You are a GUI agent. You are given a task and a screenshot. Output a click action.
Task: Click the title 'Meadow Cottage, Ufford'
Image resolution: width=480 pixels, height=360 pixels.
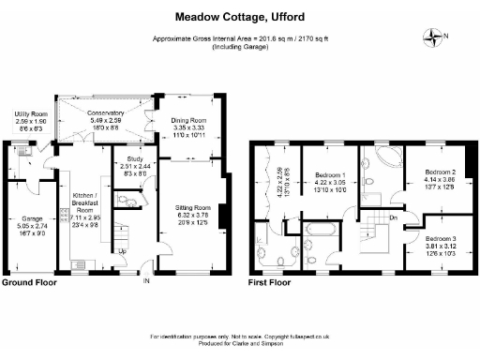pos(239,16)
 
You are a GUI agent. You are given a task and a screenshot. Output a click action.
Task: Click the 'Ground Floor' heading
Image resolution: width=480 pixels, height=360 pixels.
pos(28,281)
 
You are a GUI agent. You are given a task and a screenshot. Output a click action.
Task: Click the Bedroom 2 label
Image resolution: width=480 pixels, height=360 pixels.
pos(439,172)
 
